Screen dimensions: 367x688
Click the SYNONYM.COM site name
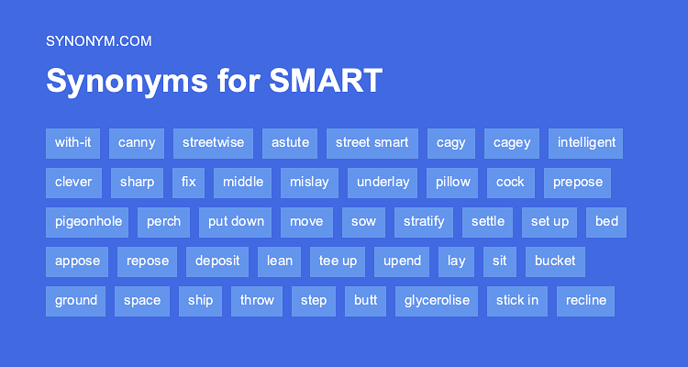[98, 40]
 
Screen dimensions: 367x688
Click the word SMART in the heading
[326, 81]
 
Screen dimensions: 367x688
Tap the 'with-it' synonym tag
[72, 142]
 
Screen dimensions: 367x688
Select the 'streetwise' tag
[213, 142]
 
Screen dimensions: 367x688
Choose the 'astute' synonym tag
[290, 142]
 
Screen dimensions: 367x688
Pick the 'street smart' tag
[372, 142]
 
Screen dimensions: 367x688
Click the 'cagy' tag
[450, 142]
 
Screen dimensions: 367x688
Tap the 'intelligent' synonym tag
[585, 142]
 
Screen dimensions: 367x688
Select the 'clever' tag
[73, 182]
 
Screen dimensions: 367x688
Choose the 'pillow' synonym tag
[453, 182]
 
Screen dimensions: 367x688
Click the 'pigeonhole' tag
[88, 221]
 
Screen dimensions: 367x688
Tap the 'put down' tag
[236, 221]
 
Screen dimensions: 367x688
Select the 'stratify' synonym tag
[424, 221]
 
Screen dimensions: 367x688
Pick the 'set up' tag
[549, 221]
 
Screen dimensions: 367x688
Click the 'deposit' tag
[217, 261]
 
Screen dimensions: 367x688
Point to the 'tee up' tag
[338, 261]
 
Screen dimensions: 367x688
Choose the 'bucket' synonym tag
[555, 261]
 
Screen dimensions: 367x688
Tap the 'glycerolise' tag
[437, 300]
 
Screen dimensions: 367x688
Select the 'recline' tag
[585, 300]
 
